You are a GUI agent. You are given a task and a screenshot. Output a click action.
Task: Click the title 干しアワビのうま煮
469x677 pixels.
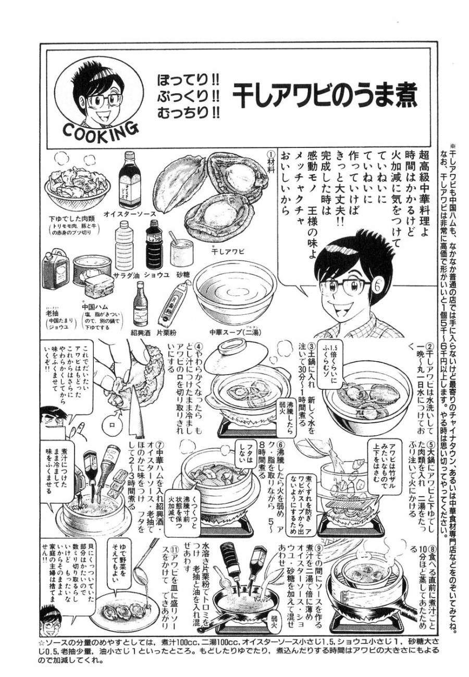click(324, 95)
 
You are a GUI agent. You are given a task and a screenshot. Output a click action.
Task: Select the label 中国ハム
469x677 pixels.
click(93, 307)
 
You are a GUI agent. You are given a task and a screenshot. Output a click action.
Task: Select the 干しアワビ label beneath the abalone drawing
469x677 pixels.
click(227, 251)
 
